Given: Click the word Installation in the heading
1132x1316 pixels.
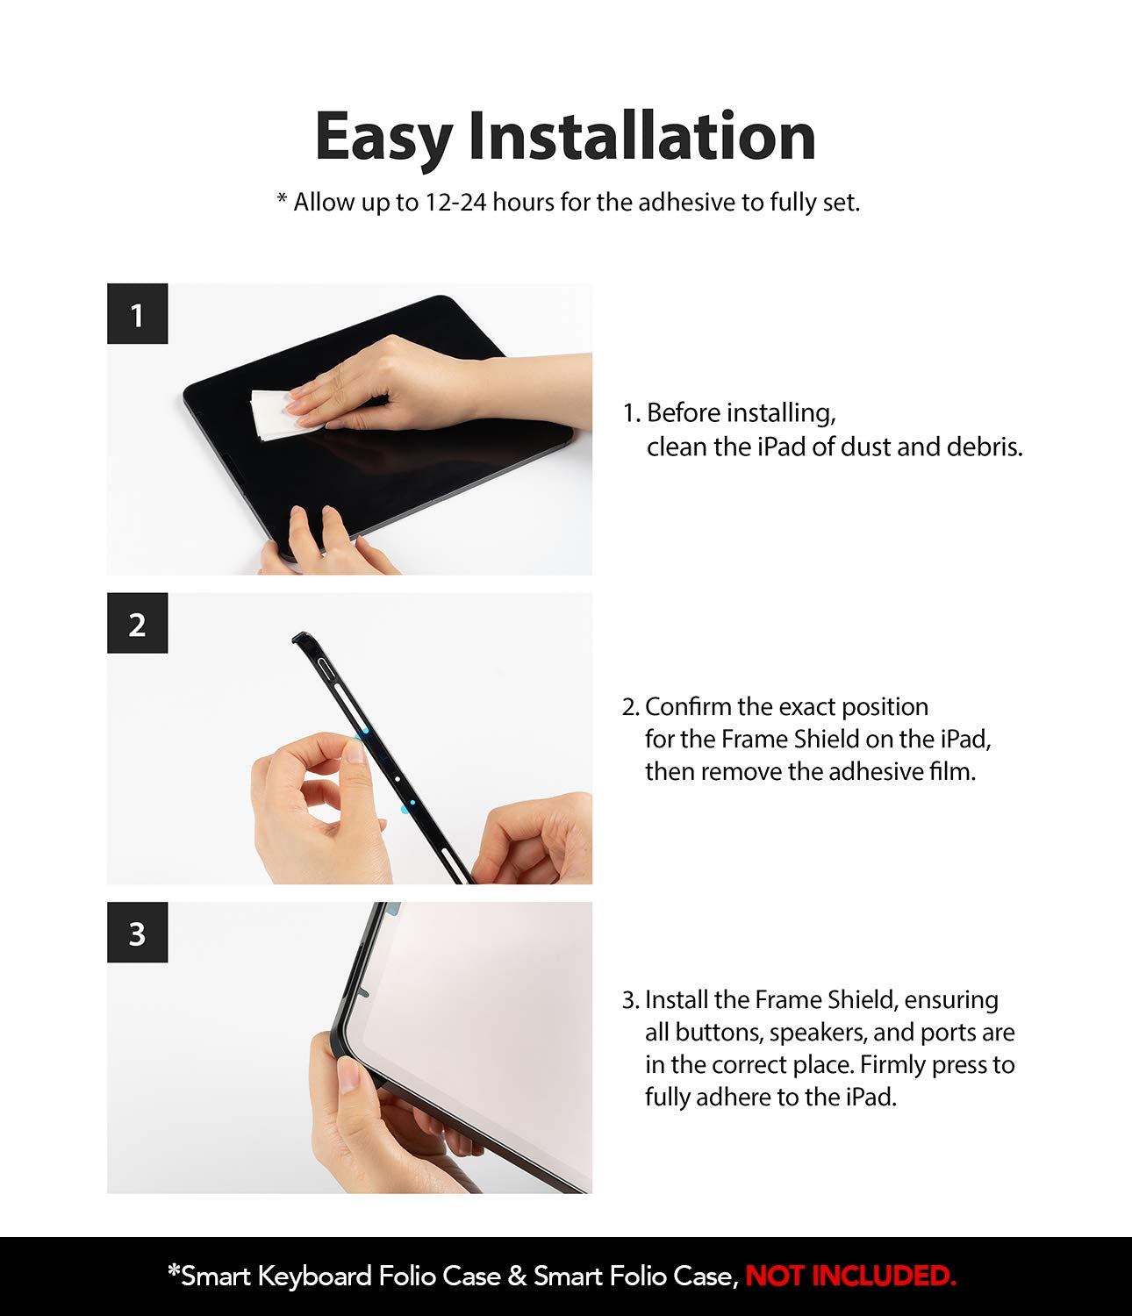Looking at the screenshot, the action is [x=641, y=135].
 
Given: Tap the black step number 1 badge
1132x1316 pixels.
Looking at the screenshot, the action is [x=138, y=313].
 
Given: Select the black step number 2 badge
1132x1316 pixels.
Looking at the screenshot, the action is [x=138, y=623].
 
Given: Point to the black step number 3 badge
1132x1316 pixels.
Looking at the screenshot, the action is [x=138, y=932].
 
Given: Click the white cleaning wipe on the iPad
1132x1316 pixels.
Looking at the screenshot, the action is [x=280, y=414].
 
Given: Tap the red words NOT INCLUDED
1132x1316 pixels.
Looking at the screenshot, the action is [x=850, y=1276].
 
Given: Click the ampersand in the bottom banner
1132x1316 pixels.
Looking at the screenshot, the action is [x=517, y=1276].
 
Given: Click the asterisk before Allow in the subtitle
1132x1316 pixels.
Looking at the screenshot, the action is [x=282, y=198].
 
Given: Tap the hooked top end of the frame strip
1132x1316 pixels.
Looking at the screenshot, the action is [x=300, y=637].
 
